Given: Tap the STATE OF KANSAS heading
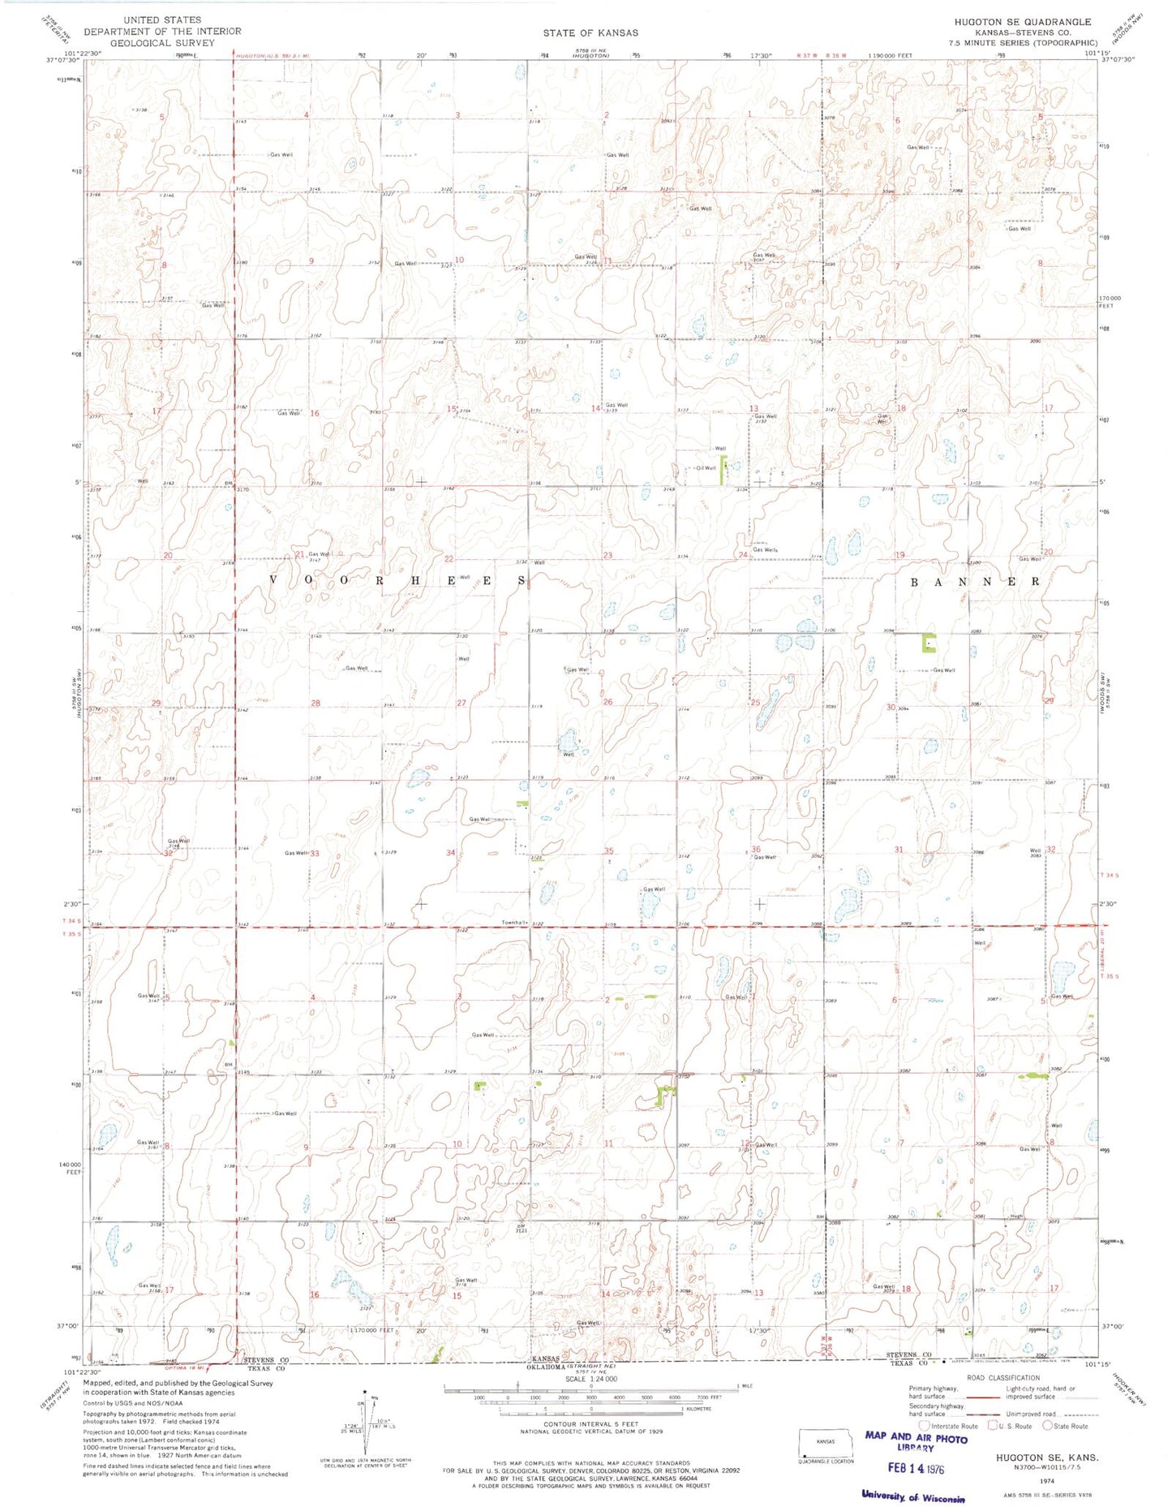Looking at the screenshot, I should click(590, 33).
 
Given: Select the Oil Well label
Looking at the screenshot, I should click(706, 467).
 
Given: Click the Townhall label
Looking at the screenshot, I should click(515, 923).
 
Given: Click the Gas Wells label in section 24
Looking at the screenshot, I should click(765, 549).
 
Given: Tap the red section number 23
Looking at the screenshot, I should click(607, 555).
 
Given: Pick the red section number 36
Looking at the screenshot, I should click(756, 849).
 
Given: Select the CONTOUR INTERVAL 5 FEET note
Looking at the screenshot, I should click(590, 1424).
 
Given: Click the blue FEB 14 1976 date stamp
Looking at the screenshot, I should click(912, 1468).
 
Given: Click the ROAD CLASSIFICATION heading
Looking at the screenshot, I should click(1003, 1377).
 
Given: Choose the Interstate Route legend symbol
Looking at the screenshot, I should click(925, 1425).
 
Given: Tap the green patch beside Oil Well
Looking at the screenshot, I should click(723, 471).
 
